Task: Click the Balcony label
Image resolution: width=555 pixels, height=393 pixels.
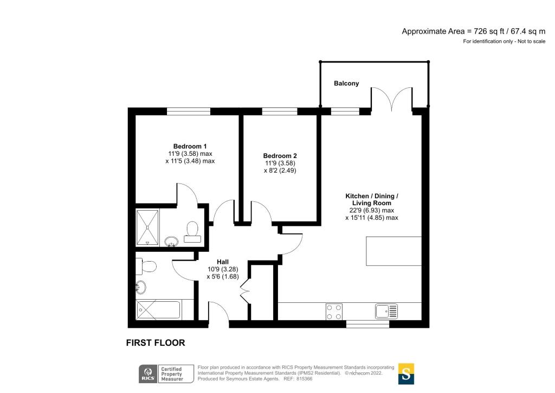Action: click(346, 84)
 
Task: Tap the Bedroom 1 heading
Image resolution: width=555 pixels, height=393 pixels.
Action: click(190, 146)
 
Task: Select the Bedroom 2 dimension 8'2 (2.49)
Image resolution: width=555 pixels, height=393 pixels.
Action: click(281, 170)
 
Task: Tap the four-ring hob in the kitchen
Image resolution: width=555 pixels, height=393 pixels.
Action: click(334, 311)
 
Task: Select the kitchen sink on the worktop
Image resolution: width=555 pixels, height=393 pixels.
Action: click(386, 311)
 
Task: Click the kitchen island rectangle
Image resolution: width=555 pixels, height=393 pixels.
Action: click(394, 251)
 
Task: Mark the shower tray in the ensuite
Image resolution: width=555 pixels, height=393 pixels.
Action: click(147, 227)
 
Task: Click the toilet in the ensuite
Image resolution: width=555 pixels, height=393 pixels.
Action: click(192, 230)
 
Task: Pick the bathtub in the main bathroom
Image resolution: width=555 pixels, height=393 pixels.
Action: click(159, 310)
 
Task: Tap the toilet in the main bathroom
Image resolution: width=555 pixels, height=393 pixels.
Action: click(148, 267)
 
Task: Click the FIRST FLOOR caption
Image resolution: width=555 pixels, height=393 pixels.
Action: click(156, 343)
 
